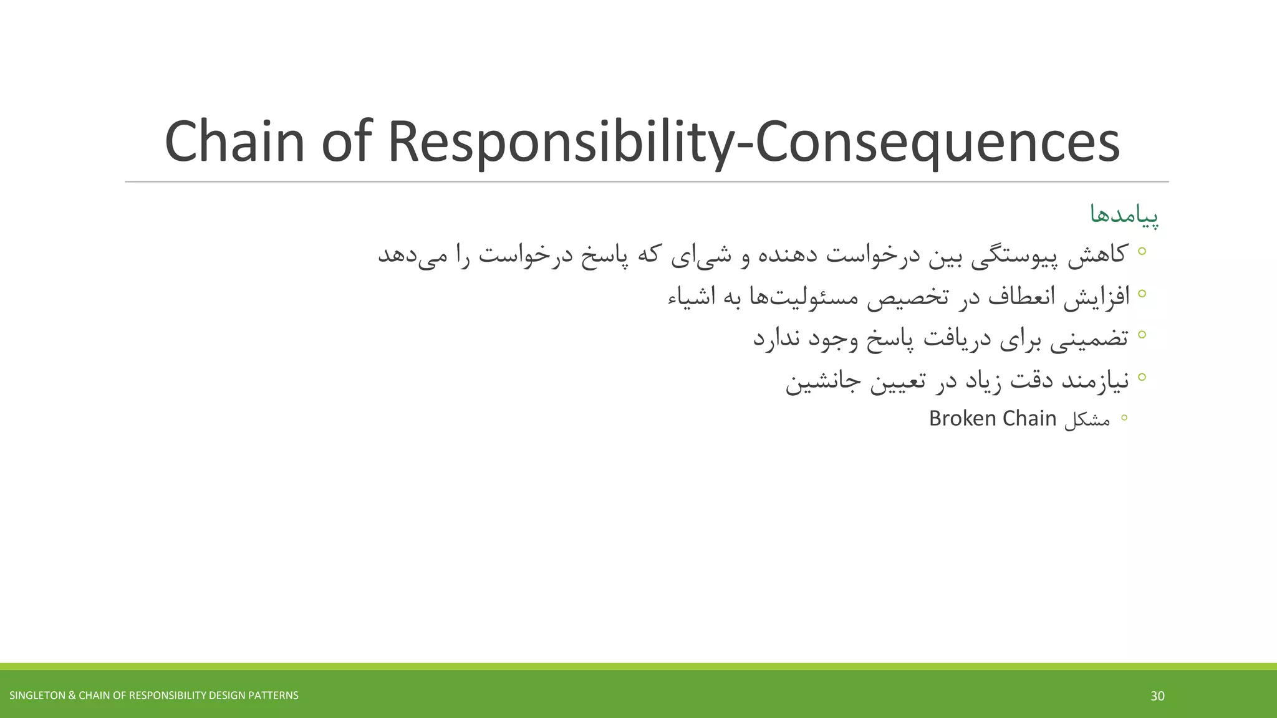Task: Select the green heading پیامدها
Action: pyautogui.click(x=1124, y=215)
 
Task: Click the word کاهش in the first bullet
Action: pyautogui.click(x=1097, y=254)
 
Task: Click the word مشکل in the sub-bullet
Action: pyautogui.click(x=1087, y=419)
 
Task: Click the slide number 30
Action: pyautogui.click(x=1157, y=696)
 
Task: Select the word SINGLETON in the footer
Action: pyautogui.click(x=36, y=696)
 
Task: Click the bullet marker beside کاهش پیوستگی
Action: pyautogui.click(x=1142, y=251)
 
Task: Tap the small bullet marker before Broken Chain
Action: pyautogui.click(x=1124, y=418)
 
